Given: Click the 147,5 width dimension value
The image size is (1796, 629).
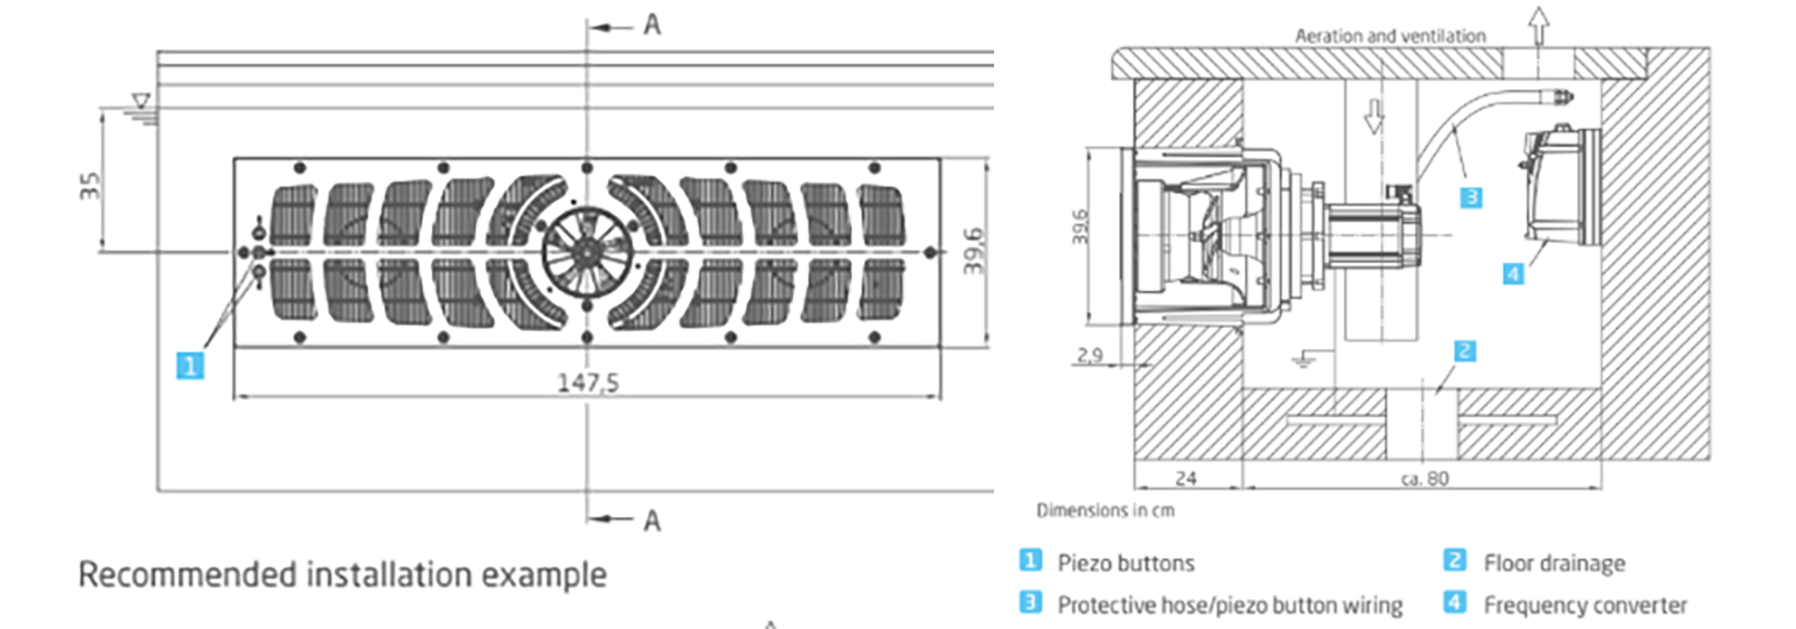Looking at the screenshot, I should [588, 383].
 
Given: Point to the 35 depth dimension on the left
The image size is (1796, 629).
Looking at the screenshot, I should [90, 185].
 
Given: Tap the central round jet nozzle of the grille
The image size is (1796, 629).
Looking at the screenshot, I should [587, 252].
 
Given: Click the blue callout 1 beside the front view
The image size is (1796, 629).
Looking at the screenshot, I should [189, 366].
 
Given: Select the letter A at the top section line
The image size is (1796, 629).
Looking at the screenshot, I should [653, 25].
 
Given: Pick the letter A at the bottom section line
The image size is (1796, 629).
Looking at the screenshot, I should [653, 520].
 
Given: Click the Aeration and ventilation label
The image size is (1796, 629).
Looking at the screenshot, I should [1389, 36].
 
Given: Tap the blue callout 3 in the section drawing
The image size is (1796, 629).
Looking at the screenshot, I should [1471, 197].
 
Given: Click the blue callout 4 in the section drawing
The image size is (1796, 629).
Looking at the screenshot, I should [1513, 273].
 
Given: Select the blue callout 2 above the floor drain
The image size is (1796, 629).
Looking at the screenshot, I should [1465, 350].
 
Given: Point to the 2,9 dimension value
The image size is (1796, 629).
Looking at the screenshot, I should [1089, 355].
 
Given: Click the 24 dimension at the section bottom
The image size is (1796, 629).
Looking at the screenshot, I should [1185, 478].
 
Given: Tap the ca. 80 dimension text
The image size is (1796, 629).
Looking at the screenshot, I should [1424, 478].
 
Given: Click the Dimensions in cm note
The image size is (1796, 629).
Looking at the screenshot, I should [1105, 510].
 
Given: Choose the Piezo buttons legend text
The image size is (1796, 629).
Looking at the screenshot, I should [1125, 563].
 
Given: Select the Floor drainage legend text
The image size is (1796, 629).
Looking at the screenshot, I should [1554, 563].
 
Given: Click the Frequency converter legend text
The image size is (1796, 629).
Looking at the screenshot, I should [1585, 605].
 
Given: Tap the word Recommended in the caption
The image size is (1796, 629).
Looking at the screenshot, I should [187, 574].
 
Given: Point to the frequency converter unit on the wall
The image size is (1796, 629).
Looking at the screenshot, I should [1560, 186].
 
